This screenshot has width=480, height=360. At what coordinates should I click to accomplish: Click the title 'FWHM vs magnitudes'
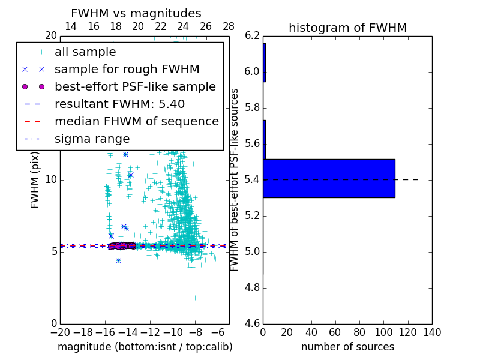click(x=136, y=13)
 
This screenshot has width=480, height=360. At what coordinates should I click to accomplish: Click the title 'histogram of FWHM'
click(x=347, y=28)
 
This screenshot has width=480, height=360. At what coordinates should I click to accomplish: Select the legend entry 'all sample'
click(x=85, y=52)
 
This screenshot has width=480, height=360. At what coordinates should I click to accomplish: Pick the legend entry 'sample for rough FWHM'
click(x=127, y=70)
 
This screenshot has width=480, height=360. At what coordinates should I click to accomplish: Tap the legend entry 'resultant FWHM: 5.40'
click(x=119, y=104)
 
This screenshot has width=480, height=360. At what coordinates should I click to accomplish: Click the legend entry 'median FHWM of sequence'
click(x=136, y=122)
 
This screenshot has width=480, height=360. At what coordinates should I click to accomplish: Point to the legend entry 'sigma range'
click(x=92, y=139)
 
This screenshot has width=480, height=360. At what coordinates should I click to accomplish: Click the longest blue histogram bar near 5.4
click(x=329, y=178)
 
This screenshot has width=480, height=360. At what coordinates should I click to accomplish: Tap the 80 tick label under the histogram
click(x=359, y=332)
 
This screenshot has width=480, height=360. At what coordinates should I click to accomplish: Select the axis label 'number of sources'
click(x=347, y=347)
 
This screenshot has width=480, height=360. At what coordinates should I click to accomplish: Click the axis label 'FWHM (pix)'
click(x=35, y=180)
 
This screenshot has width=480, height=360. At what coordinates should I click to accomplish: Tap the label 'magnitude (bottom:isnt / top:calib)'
click(x=145, y=347)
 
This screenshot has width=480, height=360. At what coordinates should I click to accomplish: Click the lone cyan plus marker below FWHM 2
click(x=195, y=298)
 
